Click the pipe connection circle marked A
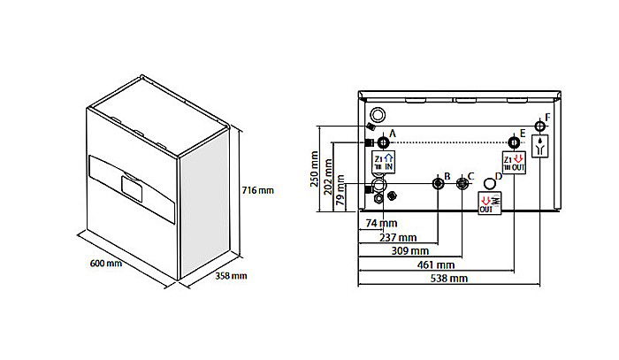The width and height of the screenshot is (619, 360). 383,142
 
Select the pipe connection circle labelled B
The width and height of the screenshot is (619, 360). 438,183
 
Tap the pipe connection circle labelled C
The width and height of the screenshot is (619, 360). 462,183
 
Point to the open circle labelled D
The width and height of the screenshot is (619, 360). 490,182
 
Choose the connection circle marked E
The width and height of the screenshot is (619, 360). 513,143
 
